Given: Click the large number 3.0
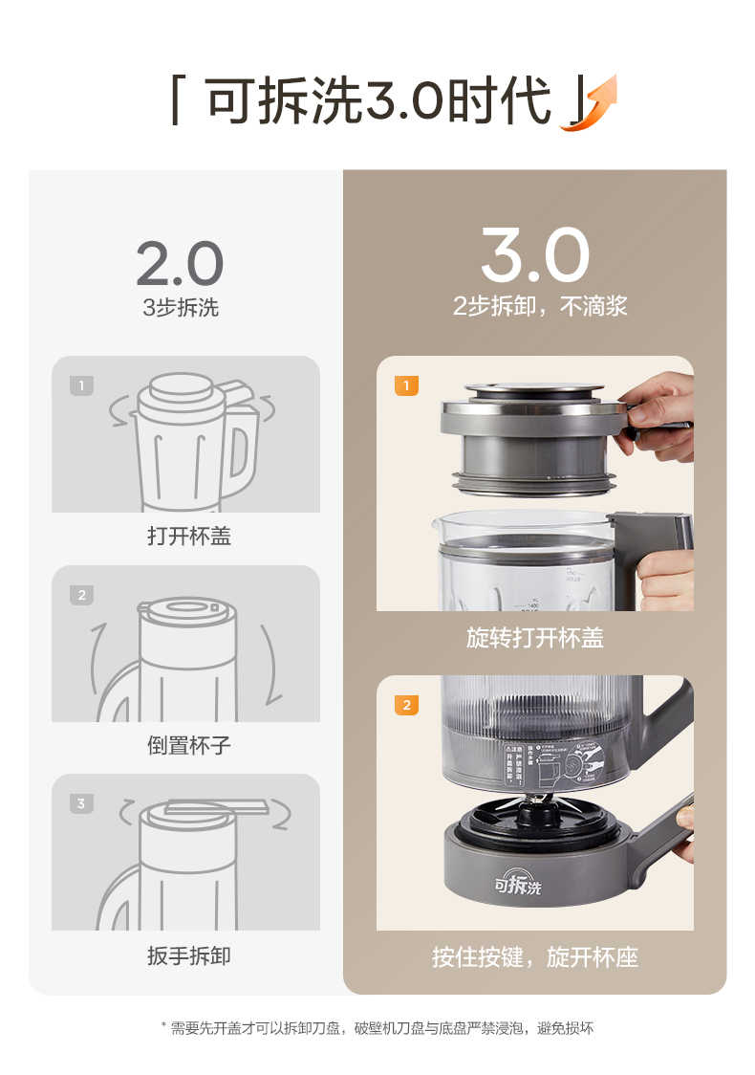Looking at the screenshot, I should point(534,254).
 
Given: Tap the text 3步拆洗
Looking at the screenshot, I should point(180,308).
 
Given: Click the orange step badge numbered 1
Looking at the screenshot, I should point(406,386).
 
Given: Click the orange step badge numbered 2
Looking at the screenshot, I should point(406,705).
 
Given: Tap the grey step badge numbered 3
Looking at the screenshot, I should point(81,803).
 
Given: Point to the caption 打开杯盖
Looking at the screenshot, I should point(188,537).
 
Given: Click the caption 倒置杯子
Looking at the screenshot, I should point(188,745).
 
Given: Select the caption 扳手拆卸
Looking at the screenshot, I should point(188,955).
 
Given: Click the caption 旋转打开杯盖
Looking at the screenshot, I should point(534,638).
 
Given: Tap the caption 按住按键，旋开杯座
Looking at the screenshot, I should point(534,956).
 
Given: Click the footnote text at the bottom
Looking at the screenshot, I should point(377,1029).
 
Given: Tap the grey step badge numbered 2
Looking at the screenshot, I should point(81,595).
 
